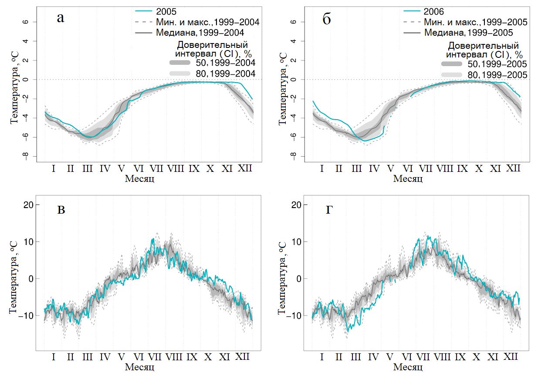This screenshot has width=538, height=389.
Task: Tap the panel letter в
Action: pyautogui.click(x=61, y=211)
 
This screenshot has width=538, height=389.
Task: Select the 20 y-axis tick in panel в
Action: pyautogui.click(x=28, y=205)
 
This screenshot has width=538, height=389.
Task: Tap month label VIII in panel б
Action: pyautogui.click(x=444, y=168)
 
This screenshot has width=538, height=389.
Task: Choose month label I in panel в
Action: pyautogui.click(x=53, y=357)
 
